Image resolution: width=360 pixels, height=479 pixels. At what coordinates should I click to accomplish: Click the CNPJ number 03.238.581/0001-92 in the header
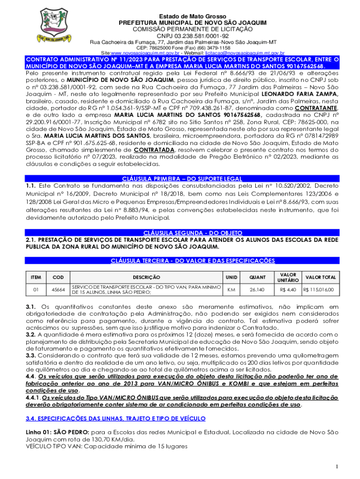point(193,36)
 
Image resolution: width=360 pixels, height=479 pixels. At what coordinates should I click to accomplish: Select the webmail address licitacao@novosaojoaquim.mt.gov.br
point(245,53)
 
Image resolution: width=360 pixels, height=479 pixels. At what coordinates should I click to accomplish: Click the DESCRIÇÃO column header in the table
point(146,277)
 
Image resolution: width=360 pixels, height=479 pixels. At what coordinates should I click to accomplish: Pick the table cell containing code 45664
point(58,290)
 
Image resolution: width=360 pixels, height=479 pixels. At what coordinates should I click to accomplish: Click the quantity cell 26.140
point(257,290)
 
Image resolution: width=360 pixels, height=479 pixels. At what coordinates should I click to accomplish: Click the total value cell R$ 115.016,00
point(319,290)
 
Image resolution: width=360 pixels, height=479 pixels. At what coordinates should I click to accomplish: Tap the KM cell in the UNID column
point(231,290)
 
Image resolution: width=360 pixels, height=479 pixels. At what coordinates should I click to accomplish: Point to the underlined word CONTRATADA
point(154,150)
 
